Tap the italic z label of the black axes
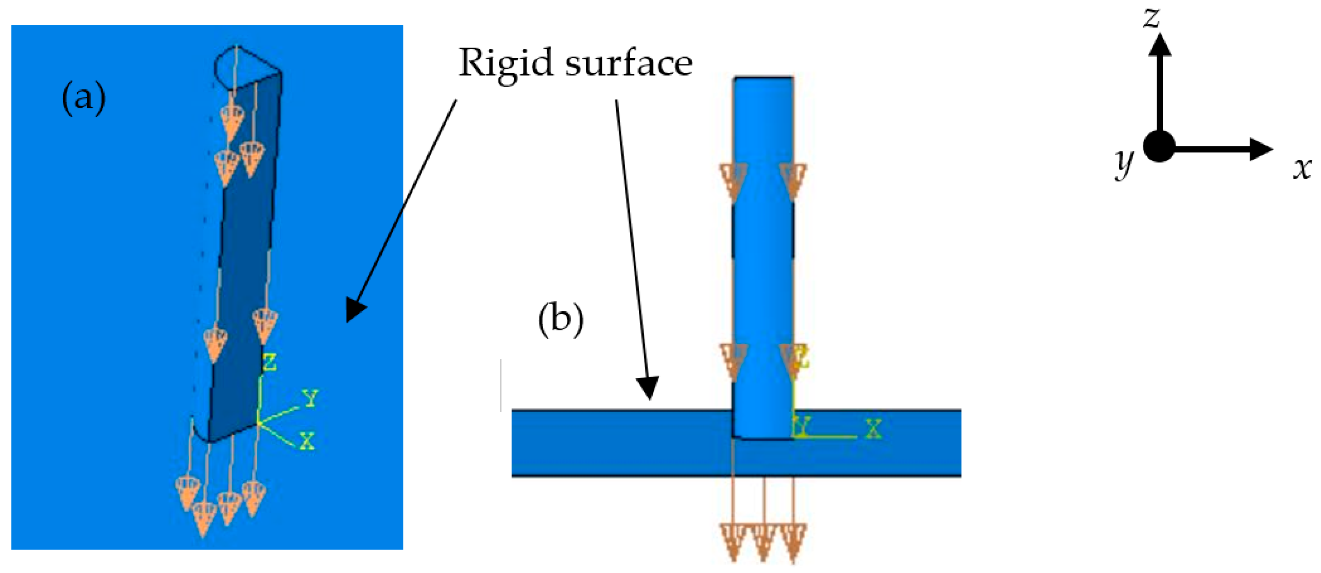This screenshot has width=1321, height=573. [1152, 18]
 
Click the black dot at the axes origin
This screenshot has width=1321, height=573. [1159, 147]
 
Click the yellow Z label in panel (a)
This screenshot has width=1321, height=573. [269, 362]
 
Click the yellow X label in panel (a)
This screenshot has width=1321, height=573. [307, 441]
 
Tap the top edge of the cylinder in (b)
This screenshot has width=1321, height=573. [763, 78]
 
